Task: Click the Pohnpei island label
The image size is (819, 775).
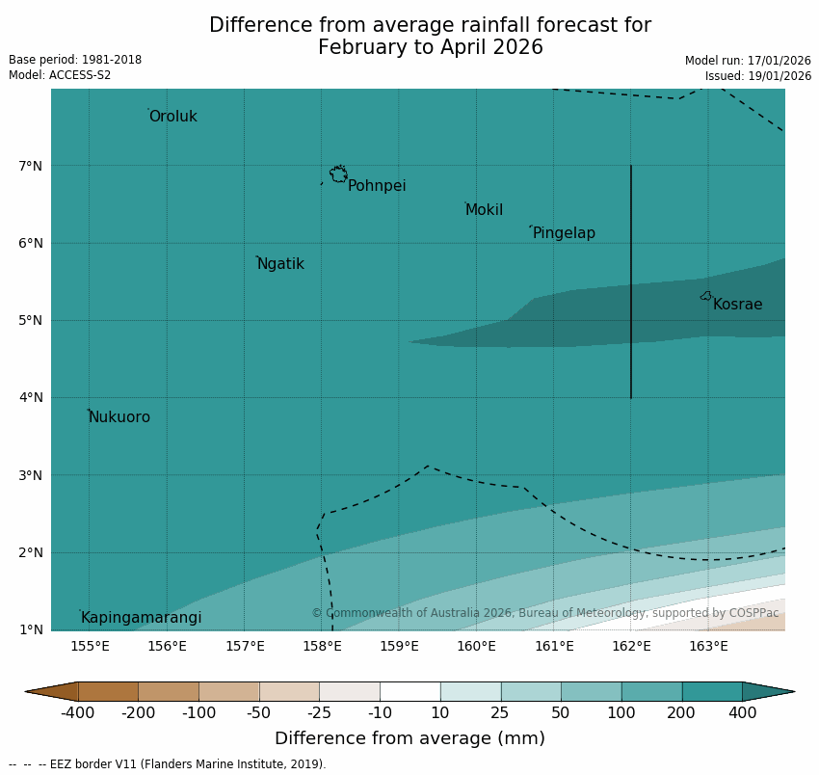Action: click(377, 186)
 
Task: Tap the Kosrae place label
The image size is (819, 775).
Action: click(738, 305)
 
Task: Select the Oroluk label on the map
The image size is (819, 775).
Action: click(173, 117)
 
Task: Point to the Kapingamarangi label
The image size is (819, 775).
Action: click(142, 618)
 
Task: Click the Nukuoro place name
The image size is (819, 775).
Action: click(119, 417)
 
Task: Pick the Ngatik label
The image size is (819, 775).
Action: click(280, 264)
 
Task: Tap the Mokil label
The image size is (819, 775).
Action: click(484, 210)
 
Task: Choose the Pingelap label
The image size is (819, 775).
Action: click(564, 233)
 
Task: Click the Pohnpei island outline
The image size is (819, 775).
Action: click(338, 174)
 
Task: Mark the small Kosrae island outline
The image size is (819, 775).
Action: click(706, 296)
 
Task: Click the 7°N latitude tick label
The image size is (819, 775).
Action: click(31, 166)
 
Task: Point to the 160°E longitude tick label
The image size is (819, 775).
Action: click(476, 646)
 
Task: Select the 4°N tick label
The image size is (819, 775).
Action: click(31, 397)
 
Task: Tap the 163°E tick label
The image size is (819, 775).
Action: click(708, 646)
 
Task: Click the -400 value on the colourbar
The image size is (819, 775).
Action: click(77, 713)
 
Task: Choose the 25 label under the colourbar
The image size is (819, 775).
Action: click(500, 713)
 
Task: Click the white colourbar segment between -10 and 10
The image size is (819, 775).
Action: click(409, 691)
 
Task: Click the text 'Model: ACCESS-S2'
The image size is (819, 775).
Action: click(60, 75)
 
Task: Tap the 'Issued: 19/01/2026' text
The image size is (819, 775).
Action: click(757, 75)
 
